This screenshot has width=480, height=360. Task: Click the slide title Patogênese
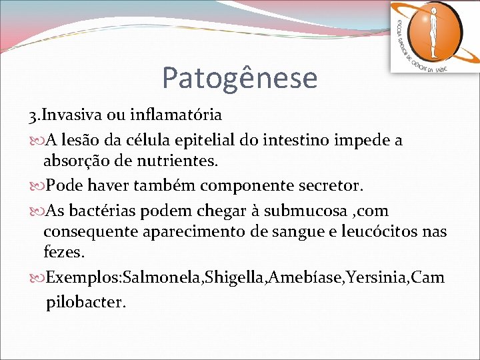click(x=239, y=78)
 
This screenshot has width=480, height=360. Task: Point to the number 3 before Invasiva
click(x=32, y=115)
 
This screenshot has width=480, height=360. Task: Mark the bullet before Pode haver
click(x=37, y=185)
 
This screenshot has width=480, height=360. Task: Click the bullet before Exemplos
click(x=37, y=278)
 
